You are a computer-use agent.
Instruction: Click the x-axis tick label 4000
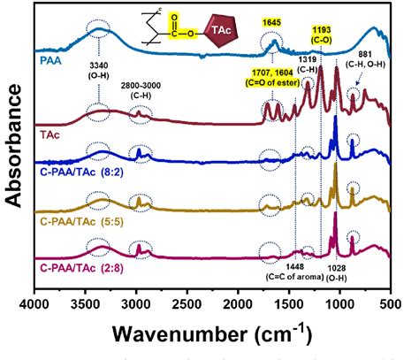[35, 304]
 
